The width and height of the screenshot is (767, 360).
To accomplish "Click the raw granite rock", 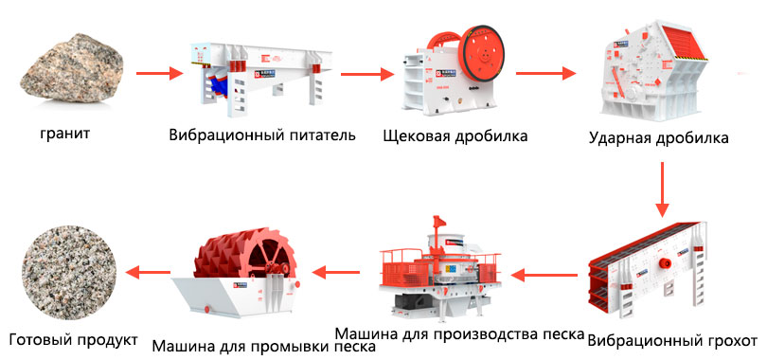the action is tap(71, 67).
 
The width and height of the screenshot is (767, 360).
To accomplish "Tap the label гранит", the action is tap(65, 133).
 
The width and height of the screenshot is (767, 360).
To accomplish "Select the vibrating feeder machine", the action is tap(261, 79).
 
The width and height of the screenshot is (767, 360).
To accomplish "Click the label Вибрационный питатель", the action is tap(262, 135).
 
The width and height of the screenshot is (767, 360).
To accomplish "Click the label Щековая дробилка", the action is tap(455, 135).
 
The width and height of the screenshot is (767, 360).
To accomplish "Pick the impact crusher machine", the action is tap(654, 70).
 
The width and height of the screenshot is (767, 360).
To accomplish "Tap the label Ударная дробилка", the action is tap(658, 138).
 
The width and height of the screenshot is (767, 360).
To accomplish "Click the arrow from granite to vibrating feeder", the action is tap(159, 74).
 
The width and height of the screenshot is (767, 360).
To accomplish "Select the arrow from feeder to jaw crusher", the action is tap(367, 74).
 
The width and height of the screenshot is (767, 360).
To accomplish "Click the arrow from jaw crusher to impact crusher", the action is tap(546, 73).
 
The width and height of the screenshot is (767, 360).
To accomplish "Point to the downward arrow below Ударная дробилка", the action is tap(662, 189).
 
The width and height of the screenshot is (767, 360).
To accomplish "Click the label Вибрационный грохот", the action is tap(672, 340).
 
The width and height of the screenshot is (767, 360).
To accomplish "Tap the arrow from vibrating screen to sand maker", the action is tap(544, 276).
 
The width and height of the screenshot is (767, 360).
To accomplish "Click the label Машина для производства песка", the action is tap(460, 334).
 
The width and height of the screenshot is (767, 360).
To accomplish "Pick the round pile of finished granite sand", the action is tap(69, 273).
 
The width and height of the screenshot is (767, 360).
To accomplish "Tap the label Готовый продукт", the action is tap(73, 339).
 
